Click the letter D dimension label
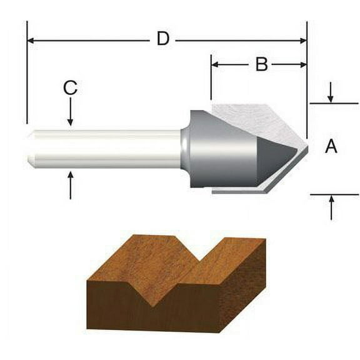click(x=162, y=39)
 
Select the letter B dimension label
click(x=261, y=64)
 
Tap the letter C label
click(x=70, y=89)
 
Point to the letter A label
click(x=331, y=147)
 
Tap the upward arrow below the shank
click(x=70, y=180)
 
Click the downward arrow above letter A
click(x=331, y=98)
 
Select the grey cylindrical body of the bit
click(x=219, y=150)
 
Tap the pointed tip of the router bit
click(x=306, y=148)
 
